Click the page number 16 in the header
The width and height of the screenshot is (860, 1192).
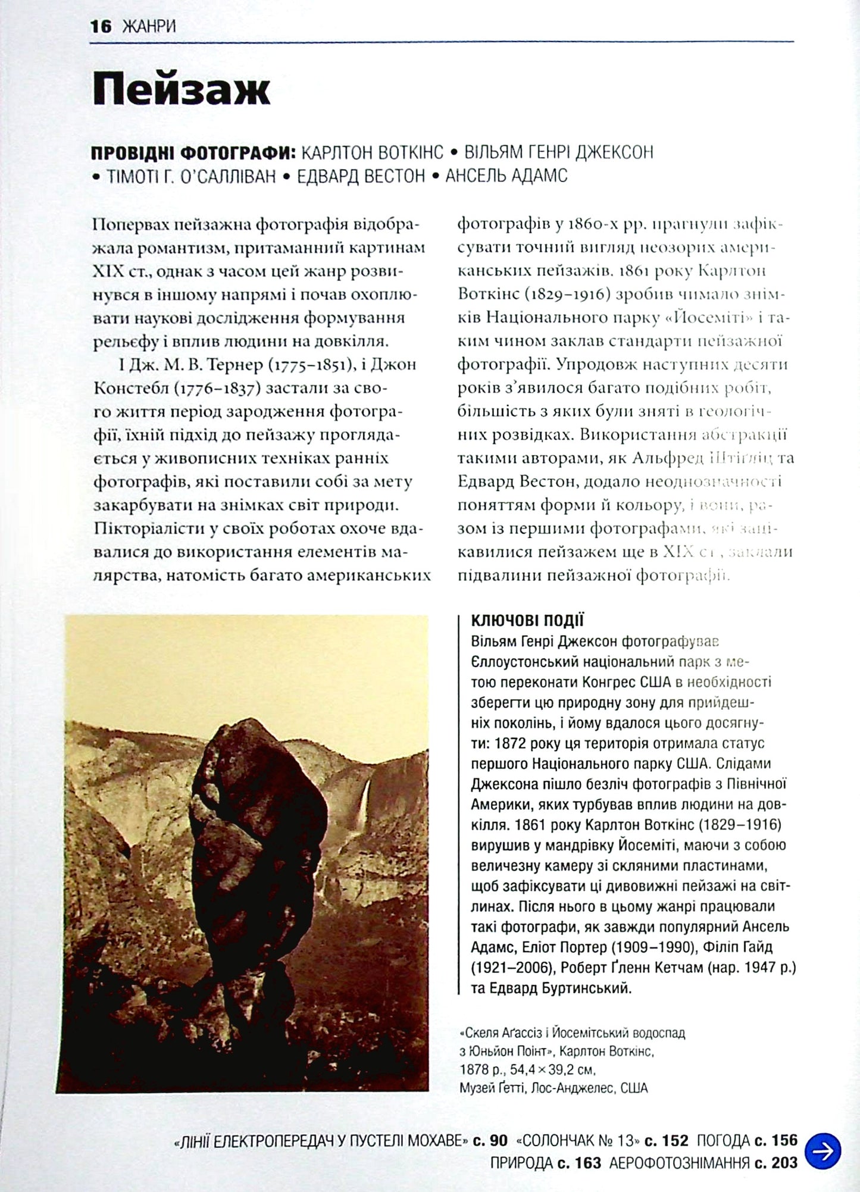101,27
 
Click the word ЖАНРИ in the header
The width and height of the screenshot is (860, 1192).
149,27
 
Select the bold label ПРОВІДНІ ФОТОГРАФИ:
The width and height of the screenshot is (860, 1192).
193,152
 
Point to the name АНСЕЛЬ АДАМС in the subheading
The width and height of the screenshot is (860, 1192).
506,176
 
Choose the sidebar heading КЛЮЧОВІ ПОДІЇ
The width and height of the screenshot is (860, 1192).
527,621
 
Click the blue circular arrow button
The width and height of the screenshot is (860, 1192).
823,1152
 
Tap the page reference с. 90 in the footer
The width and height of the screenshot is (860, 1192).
490,1140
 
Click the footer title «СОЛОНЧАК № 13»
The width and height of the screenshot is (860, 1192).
577,1140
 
